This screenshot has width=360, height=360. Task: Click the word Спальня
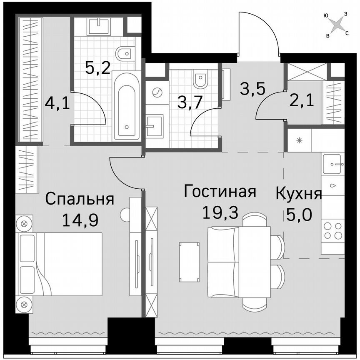click(80, 199)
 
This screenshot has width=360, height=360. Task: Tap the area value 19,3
click(220, 212)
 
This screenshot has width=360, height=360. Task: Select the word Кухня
click(299, 194)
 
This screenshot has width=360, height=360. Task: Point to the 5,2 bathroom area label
click(98, 66)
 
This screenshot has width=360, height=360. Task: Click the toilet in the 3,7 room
click(200, 80)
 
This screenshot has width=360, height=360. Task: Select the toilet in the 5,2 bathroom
click(125, 54)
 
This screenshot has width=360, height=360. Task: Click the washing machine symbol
click(157, 92)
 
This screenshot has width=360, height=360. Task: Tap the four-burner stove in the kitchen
click(332, 230)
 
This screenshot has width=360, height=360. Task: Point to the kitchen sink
click(333, 164)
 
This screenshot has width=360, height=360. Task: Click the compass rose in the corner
click(336, 25)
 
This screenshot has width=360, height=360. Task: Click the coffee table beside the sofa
click(188, 262)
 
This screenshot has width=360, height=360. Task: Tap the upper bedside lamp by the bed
click(24, 223)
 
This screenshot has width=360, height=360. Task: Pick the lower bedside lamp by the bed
click(24, 304)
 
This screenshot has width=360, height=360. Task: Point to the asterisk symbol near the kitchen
click(299, 140)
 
